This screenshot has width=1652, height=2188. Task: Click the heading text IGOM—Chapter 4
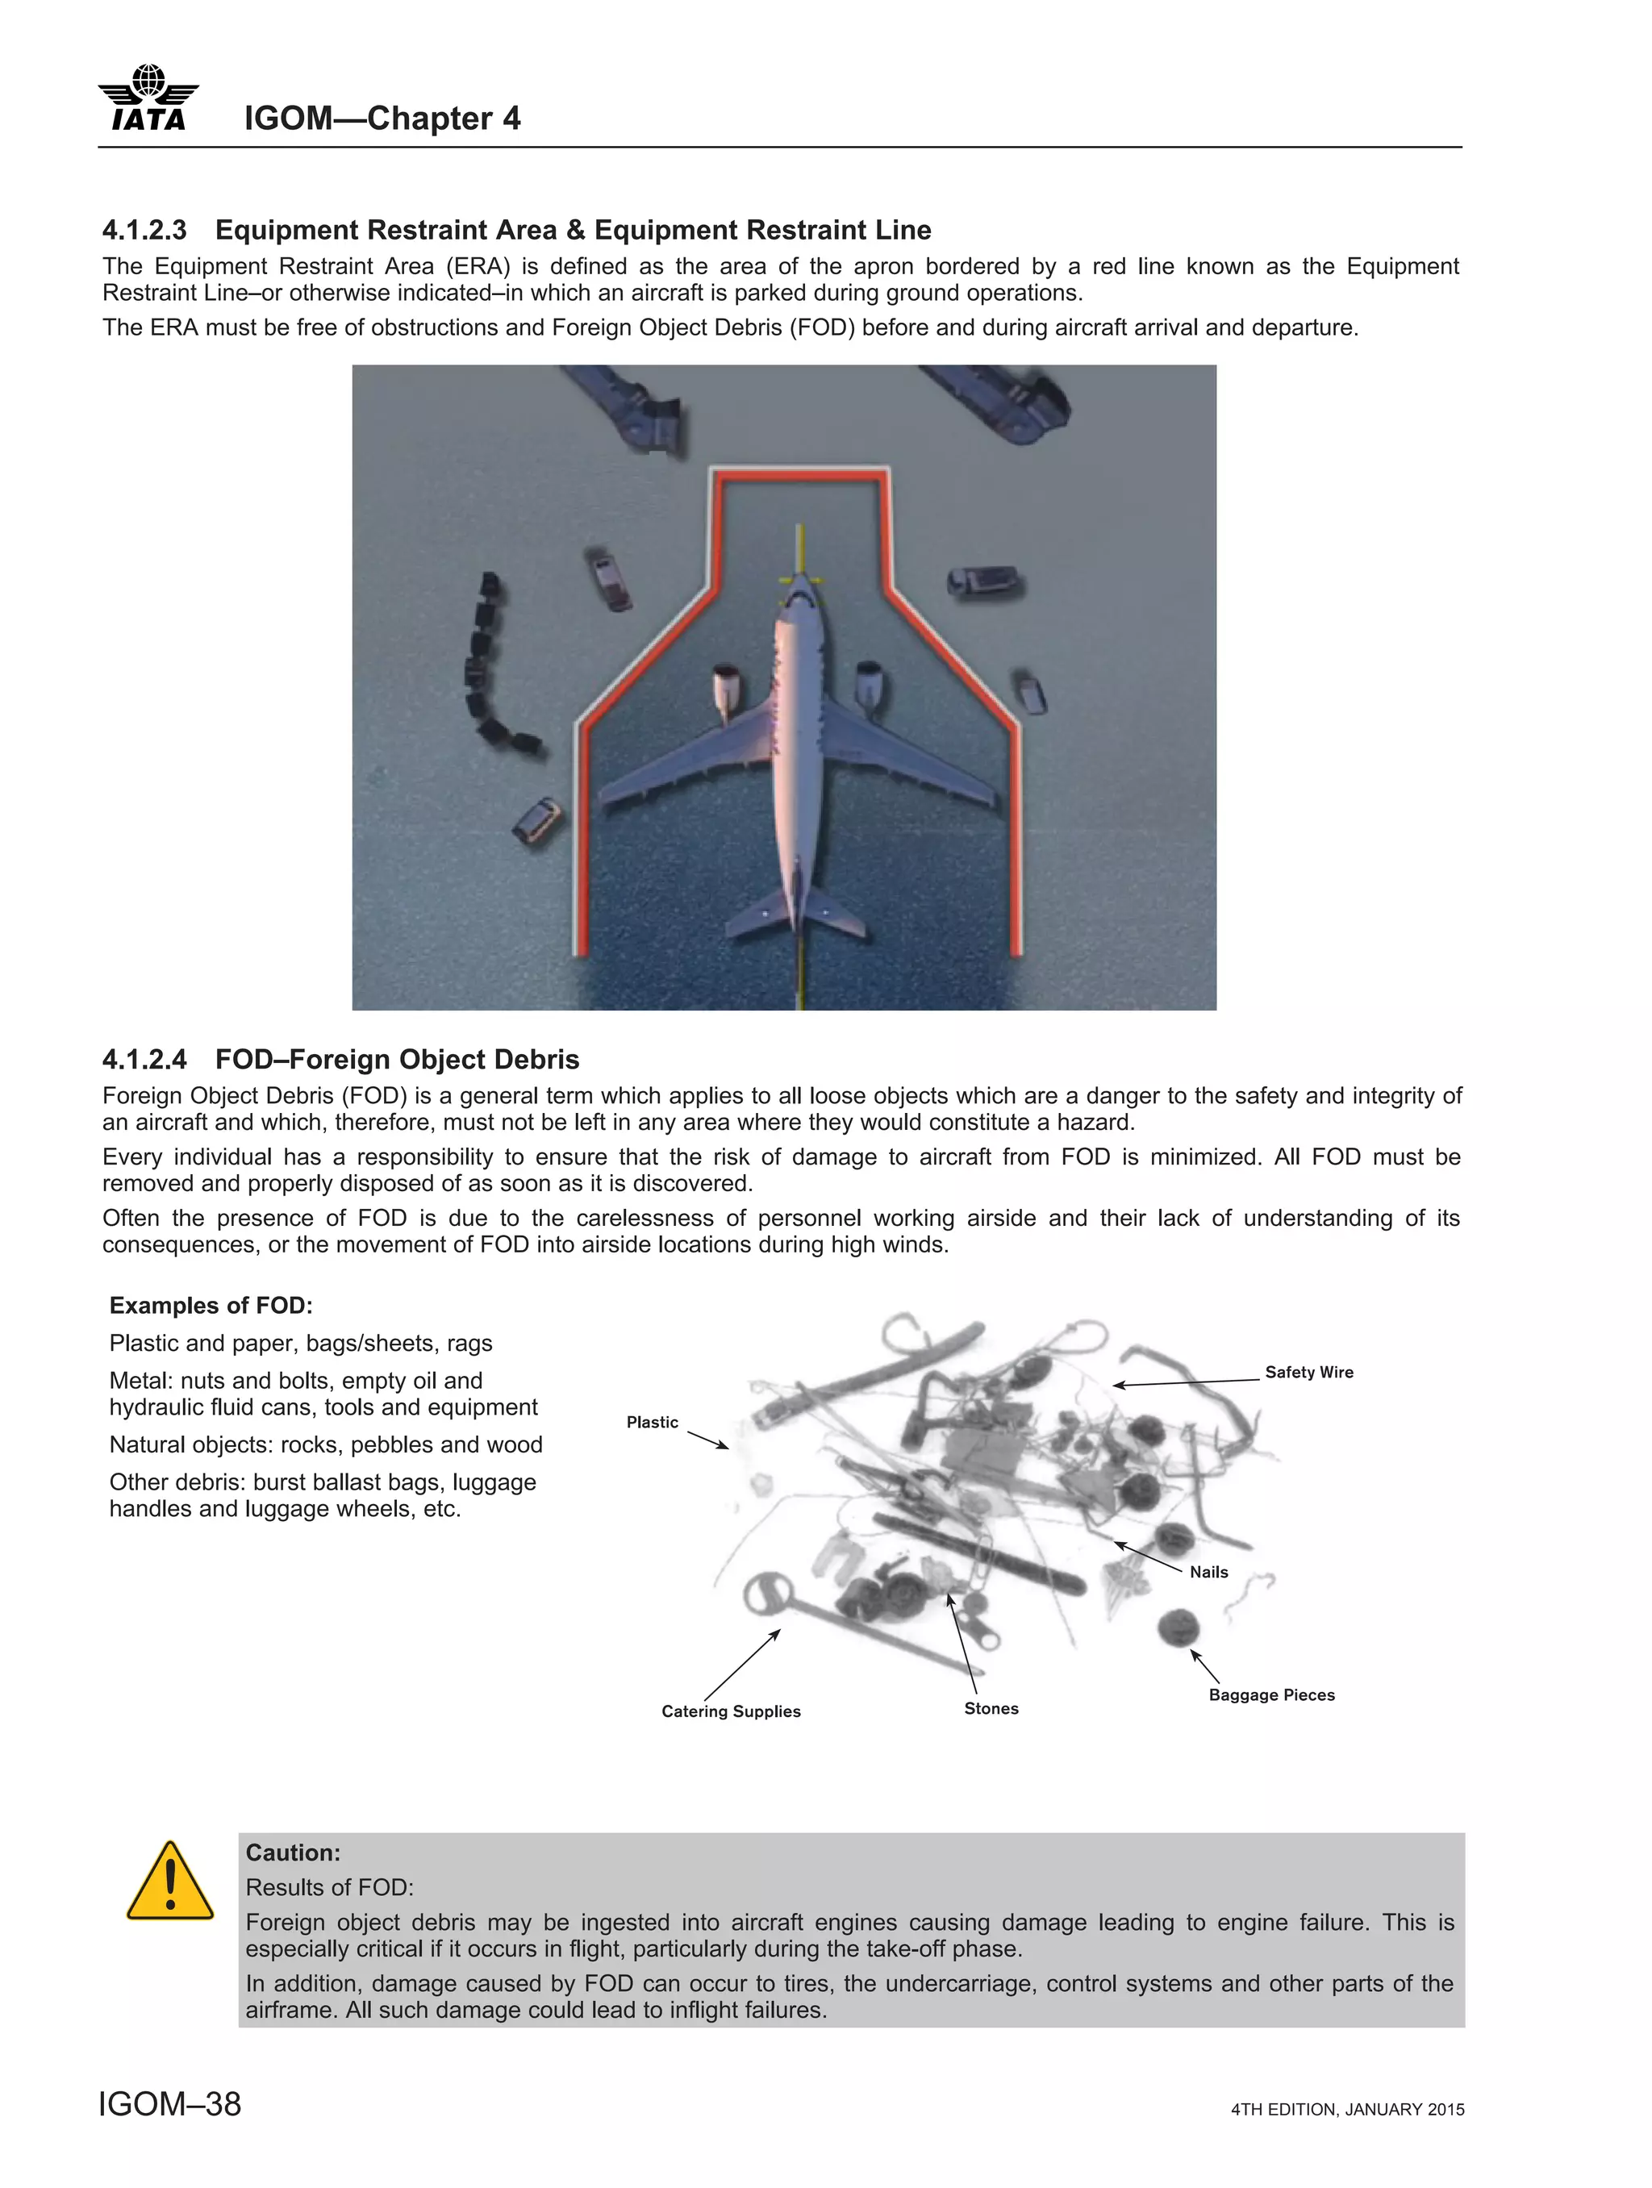[382, 119]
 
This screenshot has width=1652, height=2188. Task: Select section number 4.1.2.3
[144, 231]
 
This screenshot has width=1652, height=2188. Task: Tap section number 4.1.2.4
[144, 1060]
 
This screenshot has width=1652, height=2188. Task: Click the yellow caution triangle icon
[170, 1882]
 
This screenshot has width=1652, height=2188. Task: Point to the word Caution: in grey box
[293, 1853]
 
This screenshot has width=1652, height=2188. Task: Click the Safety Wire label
[1308, 1372]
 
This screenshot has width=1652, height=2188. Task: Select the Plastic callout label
[652, 1423]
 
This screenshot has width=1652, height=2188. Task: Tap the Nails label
[1208, 1572]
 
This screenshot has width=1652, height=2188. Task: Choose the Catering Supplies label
[731, 1711]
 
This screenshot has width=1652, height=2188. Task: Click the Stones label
[991, 1708]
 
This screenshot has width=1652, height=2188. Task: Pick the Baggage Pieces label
[1271, 1694]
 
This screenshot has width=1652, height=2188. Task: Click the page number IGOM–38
[170, 2104]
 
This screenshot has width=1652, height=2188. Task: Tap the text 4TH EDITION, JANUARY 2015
[1346, 2110]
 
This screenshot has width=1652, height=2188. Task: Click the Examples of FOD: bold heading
[211, 1306]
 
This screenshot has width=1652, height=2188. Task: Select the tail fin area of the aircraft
[797, 915]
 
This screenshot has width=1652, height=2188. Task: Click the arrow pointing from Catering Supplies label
[742, 1665]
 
